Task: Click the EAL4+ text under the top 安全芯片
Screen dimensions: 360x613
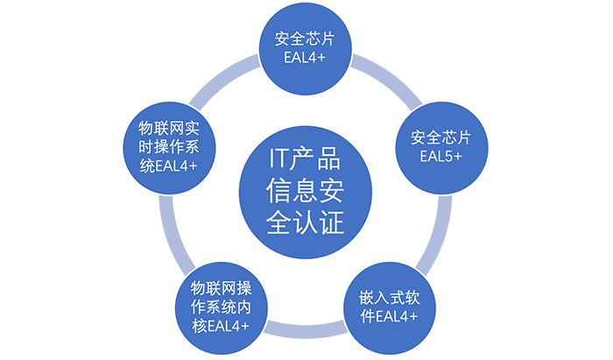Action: (305, 59)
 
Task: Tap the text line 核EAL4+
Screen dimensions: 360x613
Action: (220, 326)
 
